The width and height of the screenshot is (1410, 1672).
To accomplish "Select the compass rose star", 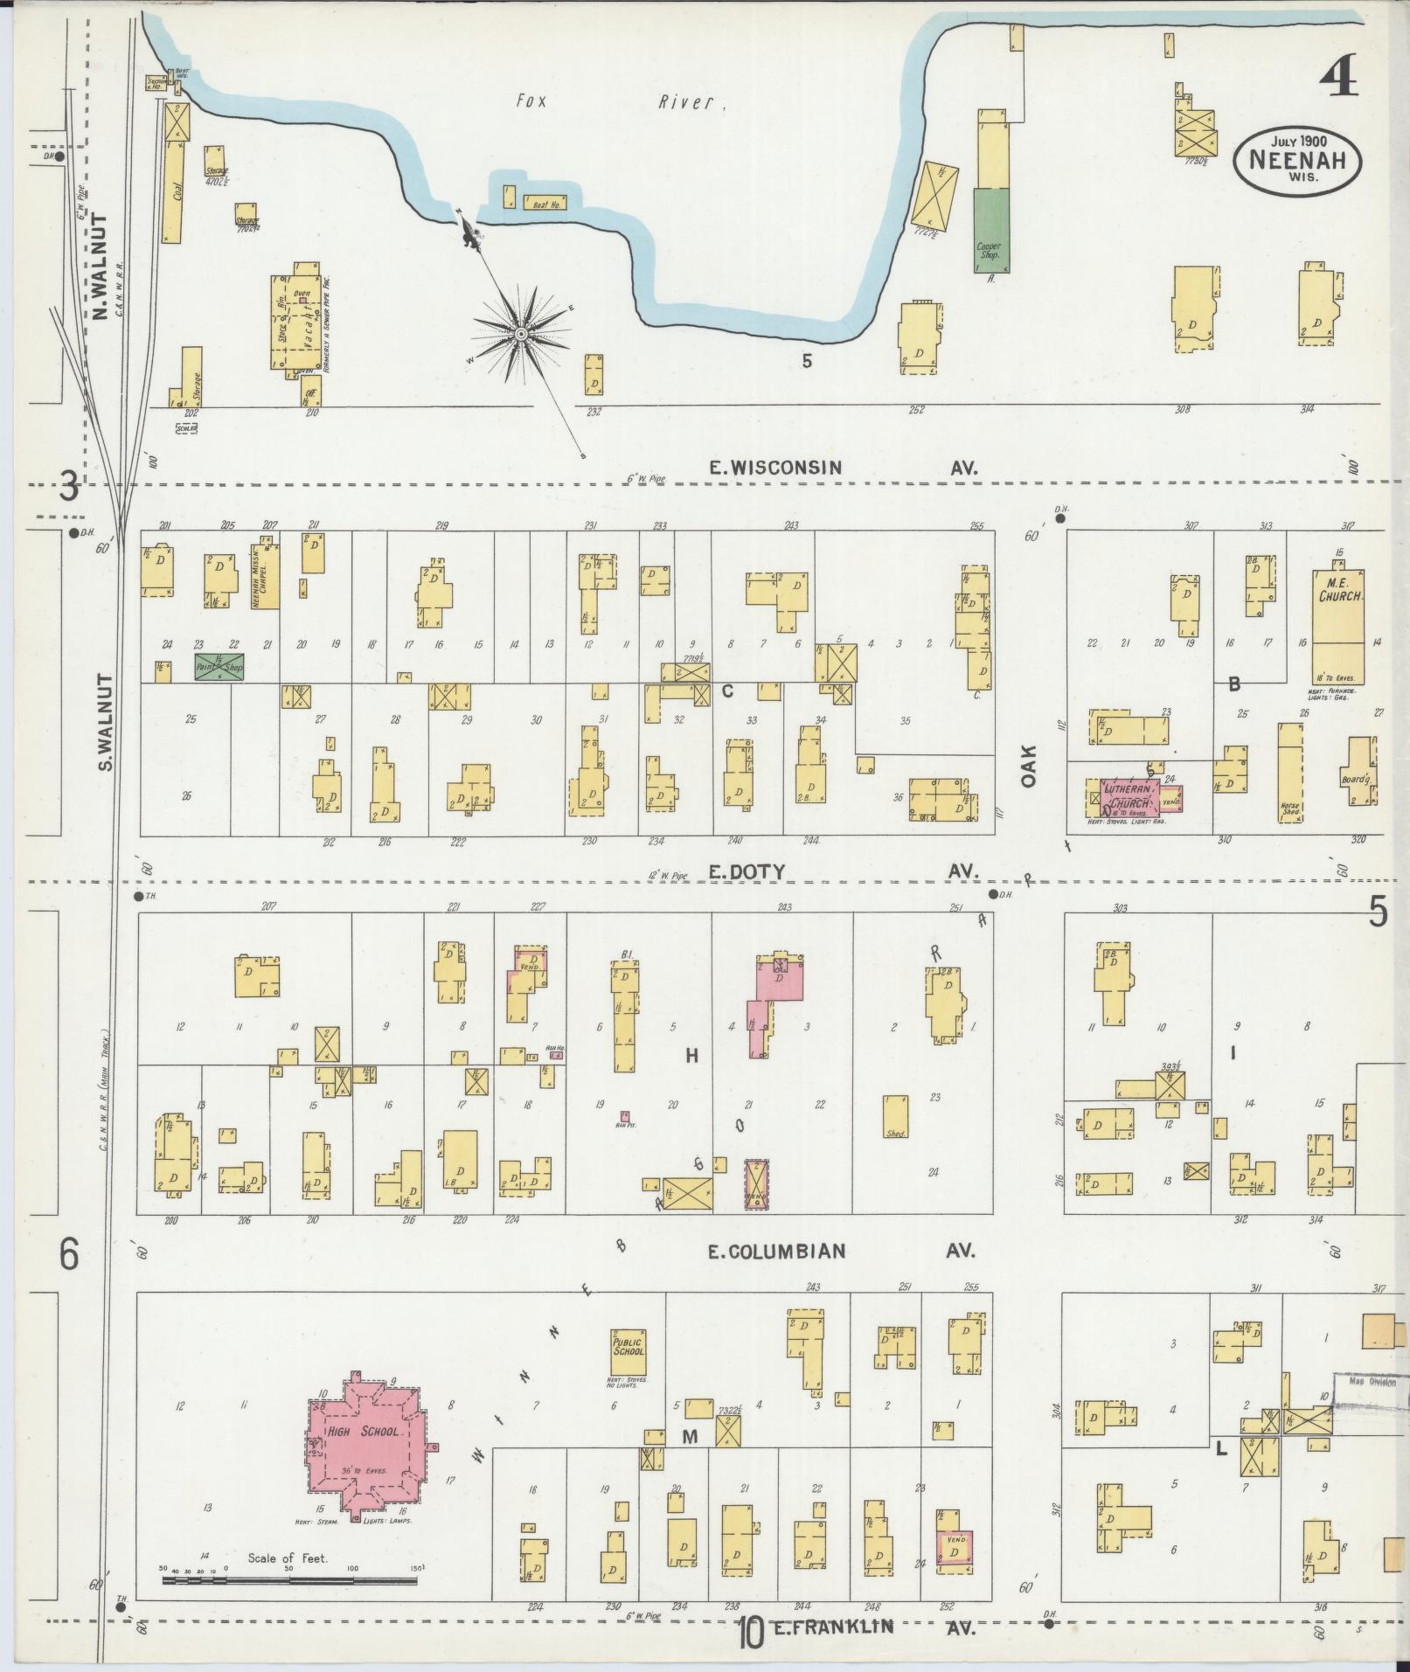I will coord(521,334).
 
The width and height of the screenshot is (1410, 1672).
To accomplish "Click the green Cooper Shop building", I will coord(990,229).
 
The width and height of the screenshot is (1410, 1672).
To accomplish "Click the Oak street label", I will coord(1028,766).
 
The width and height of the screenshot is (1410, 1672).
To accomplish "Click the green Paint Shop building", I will coord(219,667).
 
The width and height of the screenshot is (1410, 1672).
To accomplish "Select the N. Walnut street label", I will coord(99,267).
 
